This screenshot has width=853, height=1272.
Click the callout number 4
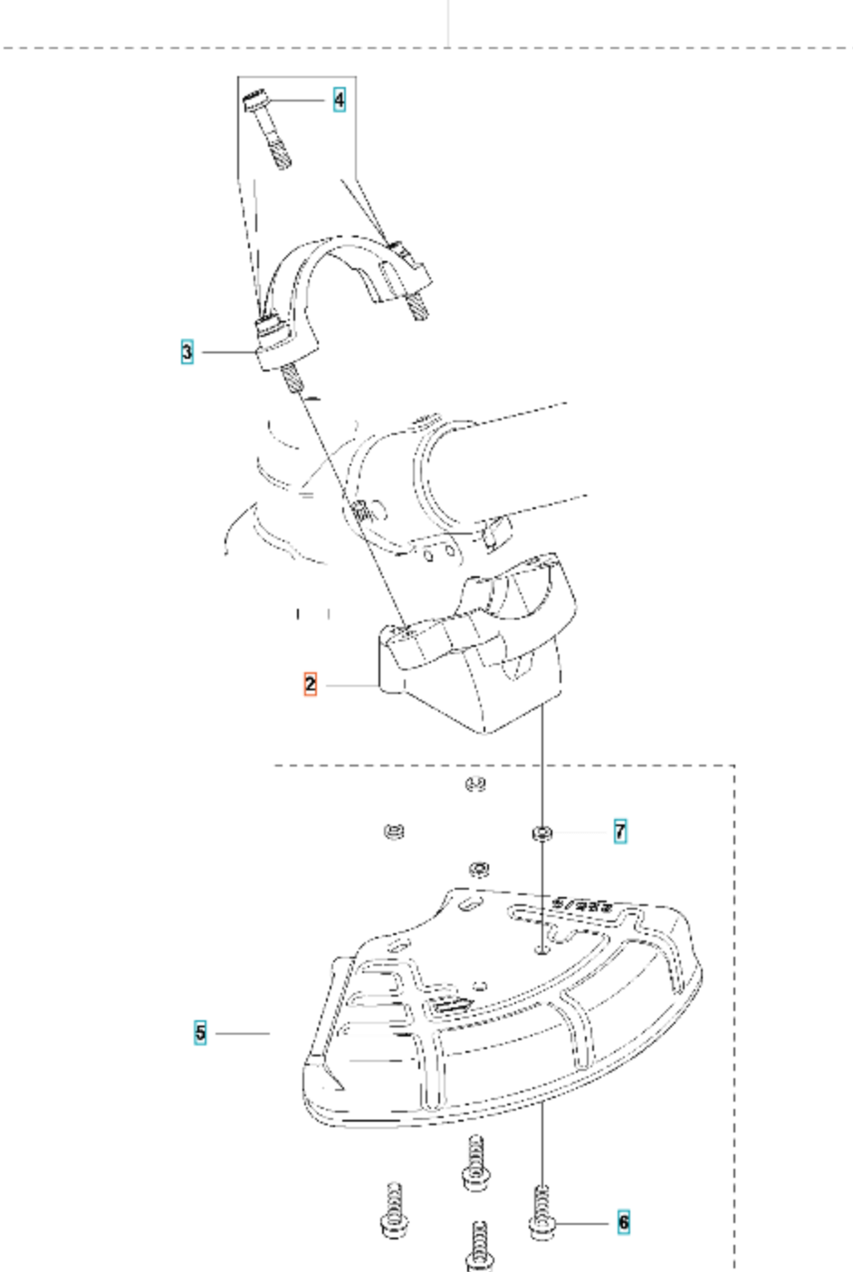[x=339, y=100]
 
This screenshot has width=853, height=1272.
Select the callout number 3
[x=187, y=352]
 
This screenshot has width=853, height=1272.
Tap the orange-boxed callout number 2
[x=311, y=684]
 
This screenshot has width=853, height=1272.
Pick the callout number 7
[x=620, y=831]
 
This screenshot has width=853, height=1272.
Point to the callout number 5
[x=200, y=1032]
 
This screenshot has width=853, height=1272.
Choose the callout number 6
[x=623, y=1222]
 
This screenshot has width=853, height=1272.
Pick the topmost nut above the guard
[x=475, y=784]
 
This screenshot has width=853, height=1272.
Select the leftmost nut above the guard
[x=395, y=830]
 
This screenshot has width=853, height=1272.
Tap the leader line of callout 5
[x=242, y=1033]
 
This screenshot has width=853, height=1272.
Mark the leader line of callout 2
[x=351, y=686]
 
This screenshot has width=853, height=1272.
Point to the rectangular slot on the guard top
[x=450, y=1005]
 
